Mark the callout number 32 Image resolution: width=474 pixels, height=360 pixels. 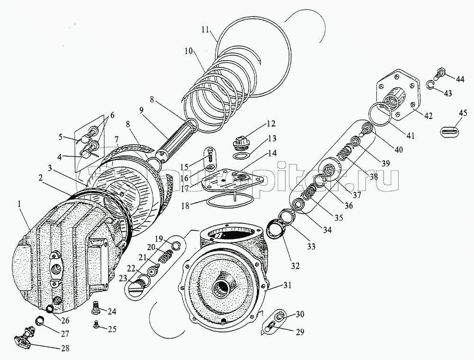click(x=295, y=266)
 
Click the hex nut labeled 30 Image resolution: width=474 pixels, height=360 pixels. click(x=280, y=315)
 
